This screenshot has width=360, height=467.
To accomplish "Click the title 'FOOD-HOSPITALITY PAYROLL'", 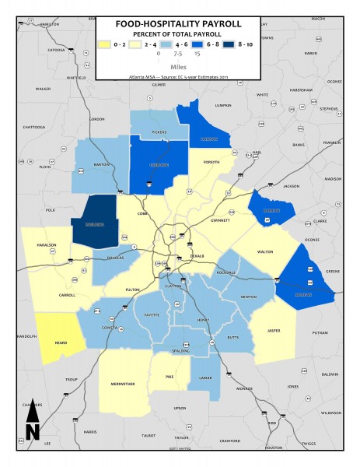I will coord(178,24).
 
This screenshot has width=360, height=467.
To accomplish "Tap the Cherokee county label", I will coord(158,165).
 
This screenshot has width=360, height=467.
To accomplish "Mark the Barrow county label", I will coord(272,210).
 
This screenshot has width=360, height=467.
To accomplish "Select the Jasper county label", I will coord(274,331).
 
